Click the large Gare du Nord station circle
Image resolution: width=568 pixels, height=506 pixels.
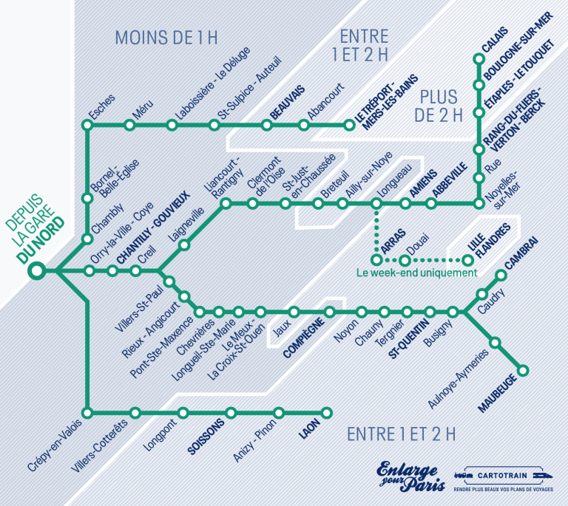[x=35, y=272]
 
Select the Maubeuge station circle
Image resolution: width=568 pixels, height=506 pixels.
[x=524, y=370]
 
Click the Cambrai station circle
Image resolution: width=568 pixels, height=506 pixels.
[x=501, y=275]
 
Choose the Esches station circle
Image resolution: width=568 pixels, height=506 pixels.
[x=88, y=126]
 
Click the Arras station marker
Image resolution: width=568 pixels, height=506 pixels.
[x=376, y=260]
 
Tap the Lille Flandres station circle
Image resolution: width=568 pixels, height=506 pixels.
[x=468, y=260]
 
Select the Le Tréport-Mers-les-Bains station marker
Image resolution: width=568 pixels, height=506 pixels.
[x=351, y=126]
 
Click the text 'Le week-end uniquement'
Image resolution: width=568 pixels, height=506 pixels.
[x=416, y=273]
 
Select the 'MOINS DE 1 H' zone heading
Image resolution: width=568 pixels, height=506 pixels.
[x=160, y=38]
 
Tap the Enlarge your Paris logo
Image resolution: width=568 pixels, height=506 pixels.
[x=408, y=476]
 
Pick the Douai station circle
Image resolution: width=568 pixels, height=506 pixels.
[x=405, y=260]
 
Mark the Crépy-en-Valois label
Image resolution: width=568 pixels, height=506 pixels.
[x=55, y=444]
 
